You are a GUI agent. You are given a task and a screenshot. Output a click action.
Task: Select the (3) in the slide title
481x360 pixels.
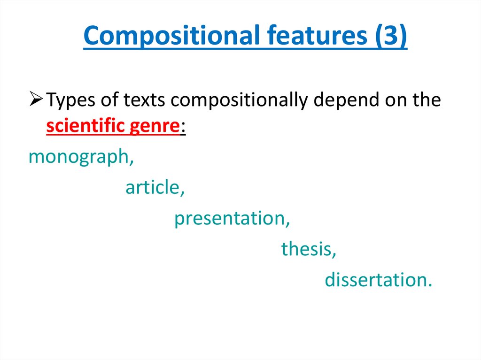(390, 36)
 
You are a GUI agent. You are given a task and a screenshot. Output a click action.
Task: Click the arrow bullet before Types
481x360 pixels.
(37, 100)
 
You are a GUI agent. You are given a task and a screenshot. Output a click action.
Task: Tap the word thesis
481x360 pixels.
(306, 249)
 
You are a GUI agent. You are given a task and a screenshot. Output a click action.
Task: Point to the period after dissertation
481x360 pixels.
(429, 285)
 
